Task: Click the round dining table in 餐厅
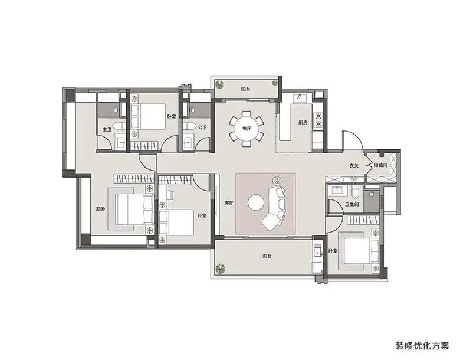pyautogui.click(x=247, y=128)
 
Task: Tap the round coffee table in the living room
pyautogui.click(x=257, y=202)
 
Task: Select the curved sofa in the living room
pyautogui.click(x=275, y=208)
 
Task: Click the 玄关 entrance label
pyautogui.click(x=354, y=166)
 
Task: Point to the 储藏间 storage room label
pyautogui.click(x=380, y=165)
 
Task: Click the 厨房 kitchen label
pyautogui.click(x=303, y=122)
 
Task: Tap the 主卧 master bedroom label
pyautogui.click(x=100, y=209)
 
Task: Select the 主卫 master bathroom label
pyautogui.click(x=107, y=129)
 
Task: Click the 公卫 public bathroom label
pyautogui.click(x=202, y=127)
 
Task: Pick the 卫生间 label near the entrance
pyautogui.click(x=351, y=204)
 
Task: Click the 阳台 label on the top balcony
pyautogui.click(x=245, y=89)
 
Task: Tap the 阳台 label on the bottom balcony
pyautogui.click(x=267, y=256)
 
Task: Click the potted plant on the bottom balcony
pyautogui.click(x=220, y=269)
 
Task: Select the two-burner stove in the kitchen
pyautogui.click(x=318, y=120)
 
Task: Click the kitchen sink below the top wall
pyautogui.click(x=300, y=98)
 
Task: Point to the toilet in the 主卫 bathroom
pyautogui.click(x=118, y=126)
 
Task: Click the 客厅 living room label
pyautogui.click(x=229, y=202)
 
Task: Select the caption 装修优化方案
pyautogui.click(x=422, y=346)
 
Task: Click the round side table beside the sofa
pyautogui.click(x=277, y=180)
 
